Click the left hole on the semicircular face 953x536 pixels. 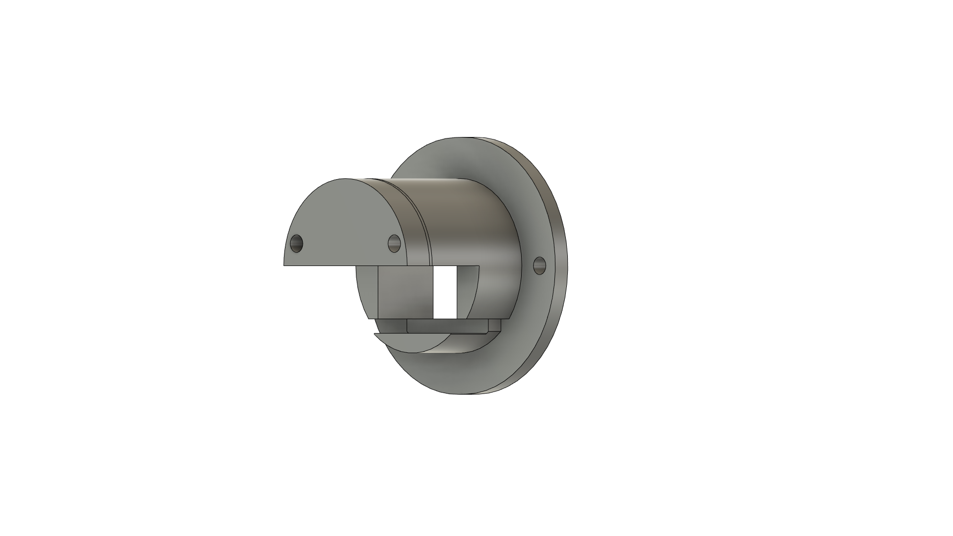pyautogui.click(x=296, y=243)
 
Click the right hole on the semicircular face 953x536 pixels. pyautogui.click(x=394, y=243)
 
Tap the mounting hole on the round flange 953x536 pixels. pyautogui.click(x=539, y=265)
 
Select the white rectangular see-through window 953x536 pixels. pyautogui.click(x=445, y=293)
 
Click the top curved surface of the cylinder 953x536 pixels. pyautogui.click(x=462, y=199)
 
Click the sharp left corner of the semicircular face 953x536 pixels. pyautogui.click(x=284, y=265)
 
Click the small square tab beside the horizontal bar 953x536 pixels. pyautogui.click(x=494, y=325)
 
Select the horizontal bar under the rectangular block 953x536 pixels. pyautogui.click(x=447, y=326)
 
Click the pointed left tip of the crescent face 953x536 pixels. pyautogui.click(x=374, y=334)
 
